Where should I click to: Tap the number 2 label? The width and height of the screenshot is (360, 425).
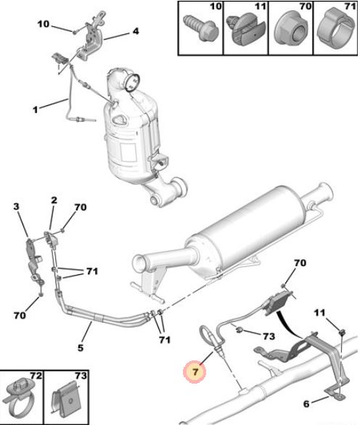tap(54, 200)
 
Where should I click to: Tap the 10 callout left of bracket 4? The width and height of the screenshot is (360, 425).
tap(43, 24)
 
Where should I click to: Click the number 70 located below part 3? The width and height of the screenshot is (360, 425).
tap(20, 315)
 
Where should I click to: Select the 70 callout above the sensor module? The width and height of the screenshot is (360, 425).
tap(300, 263)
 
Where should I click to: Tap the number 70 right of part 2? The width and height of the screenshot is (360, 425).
tap(80, 207)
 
